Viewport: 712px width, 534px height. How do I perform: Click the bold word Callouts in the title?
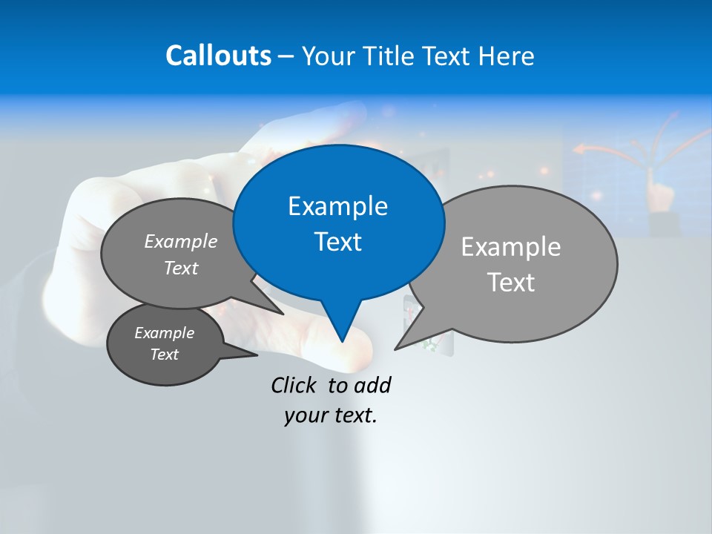(x=219, y=56)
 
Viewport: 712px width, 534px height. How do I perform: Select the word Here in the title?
(x=507, y=56)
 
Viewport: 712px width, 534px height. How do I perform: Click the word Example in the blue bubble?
(x=337, y=206)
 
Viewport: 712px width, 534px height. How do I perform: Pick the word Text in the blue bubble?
(x=337, y=242)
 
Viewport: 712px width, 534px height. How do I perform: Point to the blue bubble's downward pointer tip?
(x=342, y=341)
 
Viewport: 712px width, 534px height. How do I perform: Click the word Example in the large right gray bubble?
(x=511, y=247)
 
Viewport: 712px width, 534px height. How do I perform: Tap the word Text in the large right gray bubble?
(x=511, y=283)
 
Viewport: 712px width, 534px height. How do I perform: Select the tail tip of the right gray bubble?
(x=395, y=349)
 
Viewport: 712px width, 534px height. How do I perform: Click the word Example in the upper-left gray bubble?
(x=181, y=241)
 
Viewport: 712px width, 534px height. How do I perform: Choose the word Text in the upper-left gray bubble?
(x=181, y=268)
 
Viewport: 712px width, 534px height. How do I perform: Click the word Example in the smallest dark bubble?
(x=164, y=333)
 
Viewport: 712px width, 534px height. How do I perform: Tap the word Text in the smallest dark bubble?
(x=164, y=355)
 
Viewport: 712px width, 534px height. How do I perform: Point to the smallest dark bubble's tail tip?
(x=257, y=355)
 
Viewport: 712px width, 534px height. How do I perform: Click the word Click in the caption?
(x=295, y=385)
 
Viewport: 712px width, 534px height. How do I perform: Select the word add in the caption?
(x=372, y=385)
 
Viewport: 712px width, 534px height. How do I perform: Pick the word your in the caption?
(x=306, y=415)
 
